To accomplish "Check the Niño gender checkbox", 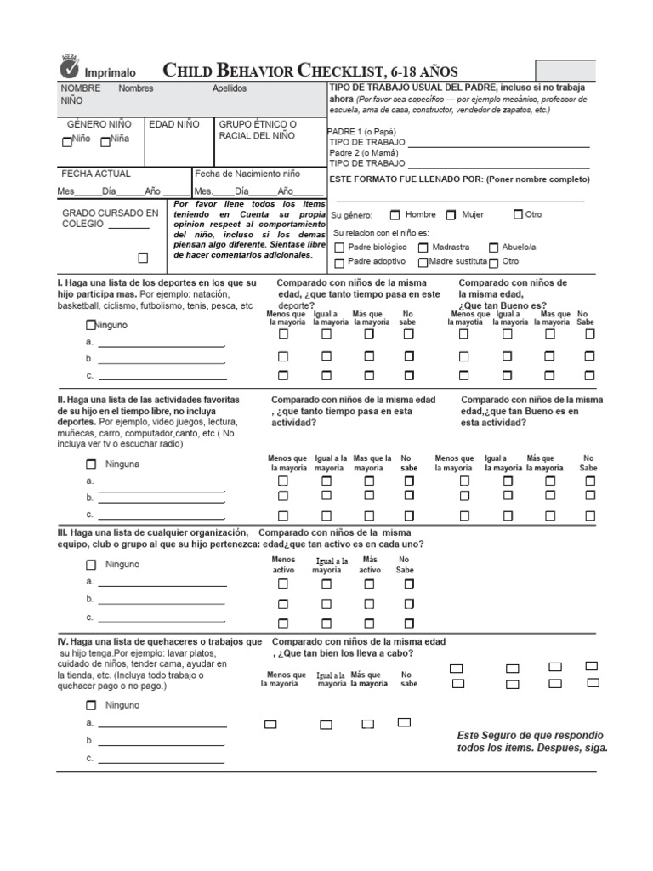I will pos(67,143).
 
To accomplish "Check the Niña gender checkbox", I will pos(105,143).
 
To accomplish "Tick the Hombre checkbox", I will pos(395,215).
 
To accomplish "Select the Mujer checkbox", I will pos(451,215).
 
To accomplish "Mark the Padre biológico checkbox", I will pos(339,247).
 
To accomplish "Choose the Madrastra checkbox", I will pos(423,247).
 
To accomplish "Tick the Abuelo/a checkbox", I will pos(494,247).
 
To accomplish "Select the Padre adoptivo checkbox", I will pos(339,262).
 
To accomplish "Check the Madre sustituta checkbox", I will pos(423,262).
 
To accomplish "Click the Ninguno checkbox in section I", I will pos(91,325).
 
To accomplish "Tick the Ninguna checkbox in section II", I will pos(91,464).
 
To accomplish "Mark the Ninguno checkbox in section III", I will pos(91,565).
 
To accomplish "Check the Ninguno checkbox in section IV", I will pos(91,705).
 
